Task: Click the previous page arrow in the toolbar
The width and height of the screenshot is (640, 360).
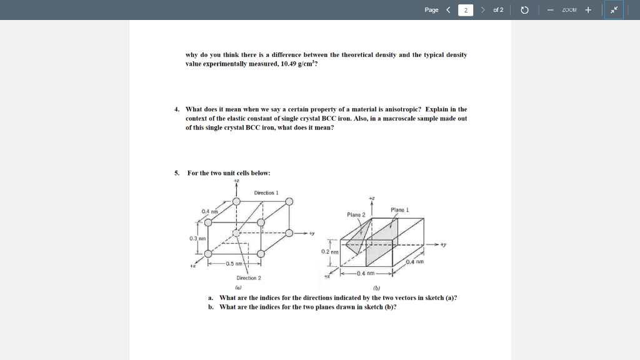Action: click(x=447, y=10)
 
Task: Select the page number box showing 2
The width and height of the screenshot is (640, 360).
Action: click(x=466, y=10)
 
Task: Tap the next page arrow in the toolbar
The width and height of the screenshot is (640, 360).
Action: click(x=484, y=10)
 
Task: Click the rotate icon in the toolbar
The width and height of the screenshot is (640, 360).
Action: click(x=525, y=10)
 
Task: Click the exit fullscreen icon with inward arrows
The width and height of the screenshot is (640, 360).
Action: click(x=614, y=10)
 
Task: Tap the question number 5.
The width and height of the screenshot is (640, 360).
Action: click(x=177, y=173)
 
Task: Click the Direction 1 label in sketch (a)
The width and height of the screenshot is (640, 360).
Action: click(x=266, y=193)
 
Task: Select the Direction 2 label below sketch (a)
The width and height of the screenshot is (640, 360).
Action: click(x=249, y=277)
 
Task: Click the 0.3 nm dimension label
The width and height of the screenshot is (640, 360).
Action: click(x=197, y=238)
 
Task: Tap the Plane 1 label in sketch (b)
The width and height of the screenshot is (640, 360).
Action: click(x=399, y=210)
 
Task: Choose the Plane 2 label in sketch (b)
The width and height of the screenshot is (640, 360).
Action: click(x=356, y=215)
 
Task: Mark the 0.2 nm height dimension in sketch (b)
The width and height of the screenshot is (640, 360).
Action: click(x=329, y=251)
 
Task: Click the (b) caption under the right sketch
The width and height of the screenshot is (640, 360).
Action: click(x=376, y=288)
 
